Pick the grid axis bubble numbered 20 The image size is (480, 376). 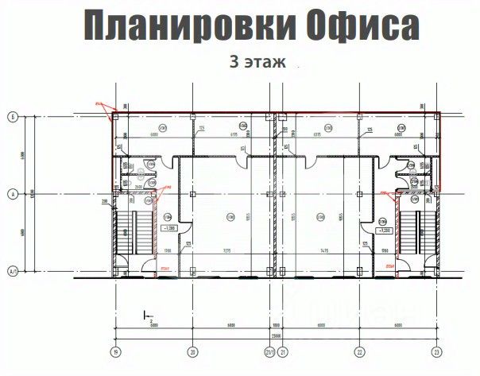click(192, 351)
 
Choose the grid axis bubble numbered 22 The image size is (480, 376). click(360, 351)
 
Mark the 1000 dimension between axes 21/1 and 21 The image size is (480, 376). click(274, 325)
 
